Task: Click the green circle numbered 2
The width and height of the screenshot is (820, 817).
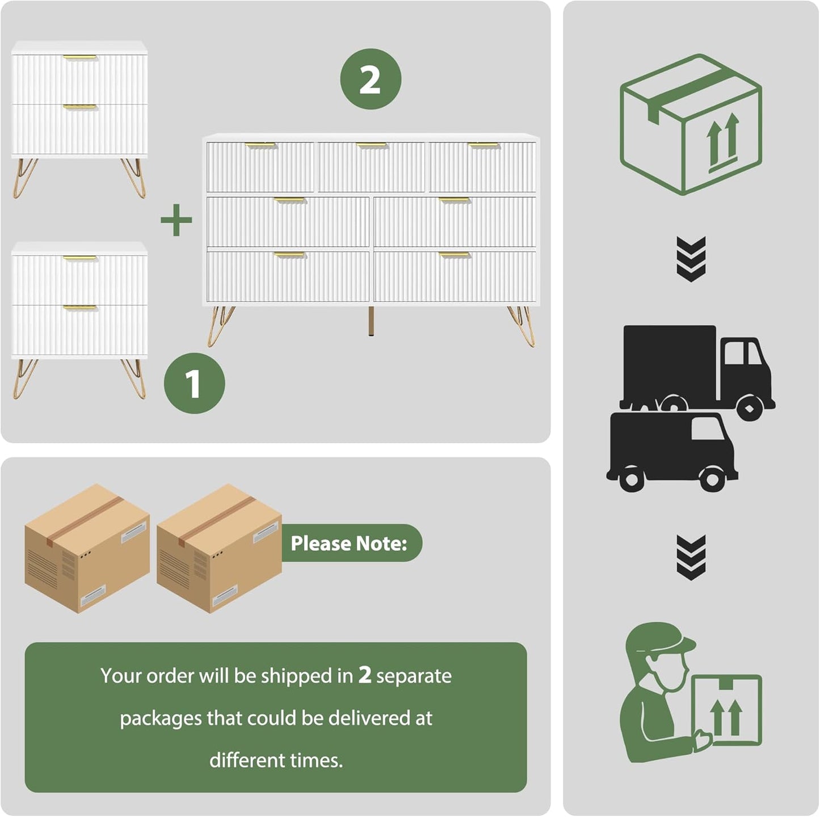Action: click(371, 79)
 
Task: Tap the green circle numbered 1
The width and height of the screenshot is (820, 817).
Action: click(194, 384)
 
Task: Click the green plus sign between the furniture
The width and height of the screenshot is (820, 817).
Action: click(176, 220)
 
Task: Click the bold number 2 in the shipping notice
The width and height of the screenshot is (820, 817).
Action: click(364, 675)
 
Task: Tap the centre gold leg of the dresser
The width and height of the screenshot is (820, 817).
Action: click(371, 322)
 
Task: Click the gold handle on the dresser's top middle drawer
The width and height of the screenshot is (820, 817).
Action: click(371, 146)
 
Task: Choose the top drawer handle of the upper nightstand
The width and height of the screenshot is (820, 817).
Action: click(79, 57)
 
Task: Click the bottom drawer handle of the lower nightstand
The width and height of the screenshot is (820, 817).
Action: click(79, 308)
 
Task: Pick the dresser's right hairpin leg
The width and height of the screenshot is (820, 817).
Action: click(523, 326)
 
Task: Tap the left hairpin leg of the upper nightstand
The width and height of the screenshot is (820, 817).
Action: click(24, 177)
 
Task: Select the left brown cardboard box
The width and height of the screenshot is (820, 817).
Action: click(87, 548)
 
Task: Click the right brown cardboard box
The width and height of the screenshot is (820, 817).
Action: click(219, 548)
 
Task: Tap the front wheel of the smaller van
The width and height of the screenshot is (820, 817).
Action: click(712, 479)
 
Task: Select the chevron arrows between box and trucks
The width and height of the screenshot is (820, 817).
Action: click(691, 259)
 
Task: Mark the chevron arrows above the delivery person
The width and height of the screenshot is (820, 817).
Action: click(691, 557)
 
